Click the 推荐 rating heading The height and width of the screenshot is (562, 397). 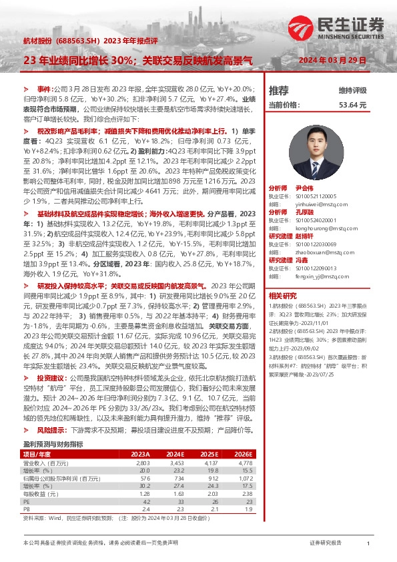[278, 90]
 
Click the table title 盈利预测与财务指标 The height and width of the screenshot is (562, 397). [53, 425]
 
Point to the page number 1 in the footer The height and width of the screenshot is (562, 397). [368, 545]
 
